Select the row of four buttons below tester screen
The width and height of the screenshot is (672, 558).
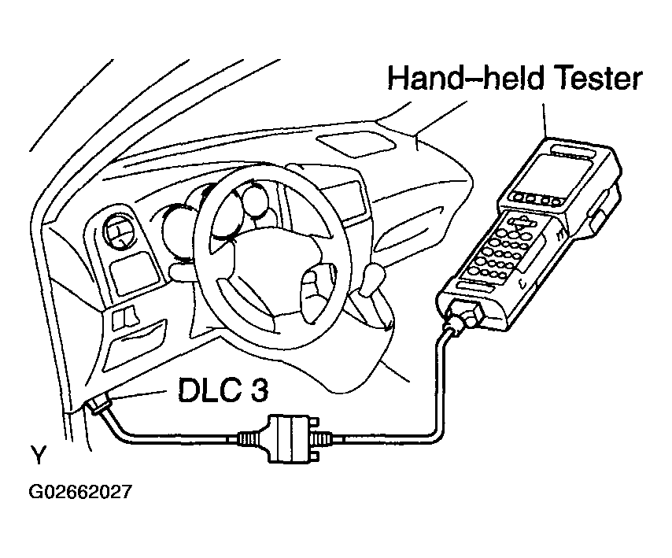(536, 198)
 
